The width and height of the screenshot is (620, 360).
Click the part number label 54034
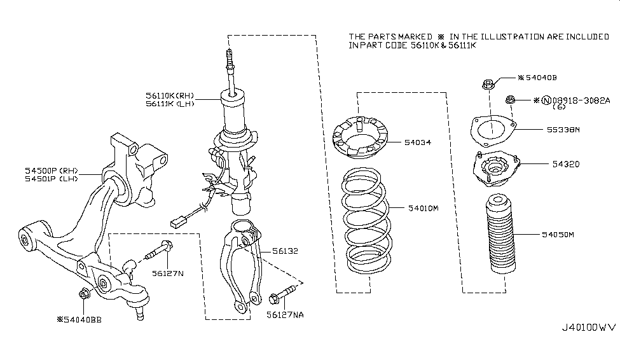click(x=418, y=142)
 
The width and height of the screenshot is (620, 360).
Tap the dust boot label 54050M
click(x=559, y=235)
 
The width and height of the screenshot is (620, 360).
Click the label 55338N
click(x=563, y=129)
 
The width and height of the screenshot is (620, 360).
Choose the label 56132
click(x=284, y=251)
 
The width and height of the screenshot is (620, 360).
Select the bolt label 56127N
click(x=167, y=273)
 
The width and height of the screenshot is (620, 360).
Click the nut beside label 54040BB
click(x=84, y=293)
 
